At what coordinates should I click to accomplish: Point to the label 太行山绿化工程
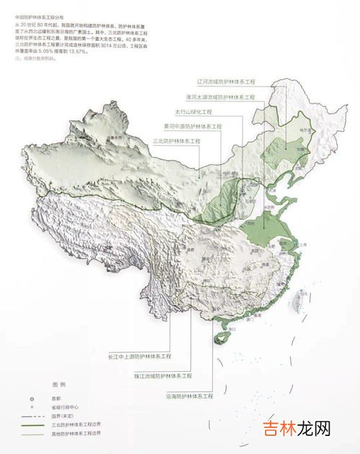[195, 112]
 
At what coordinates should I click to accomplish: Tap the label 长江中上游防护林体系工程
[140, 356]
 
